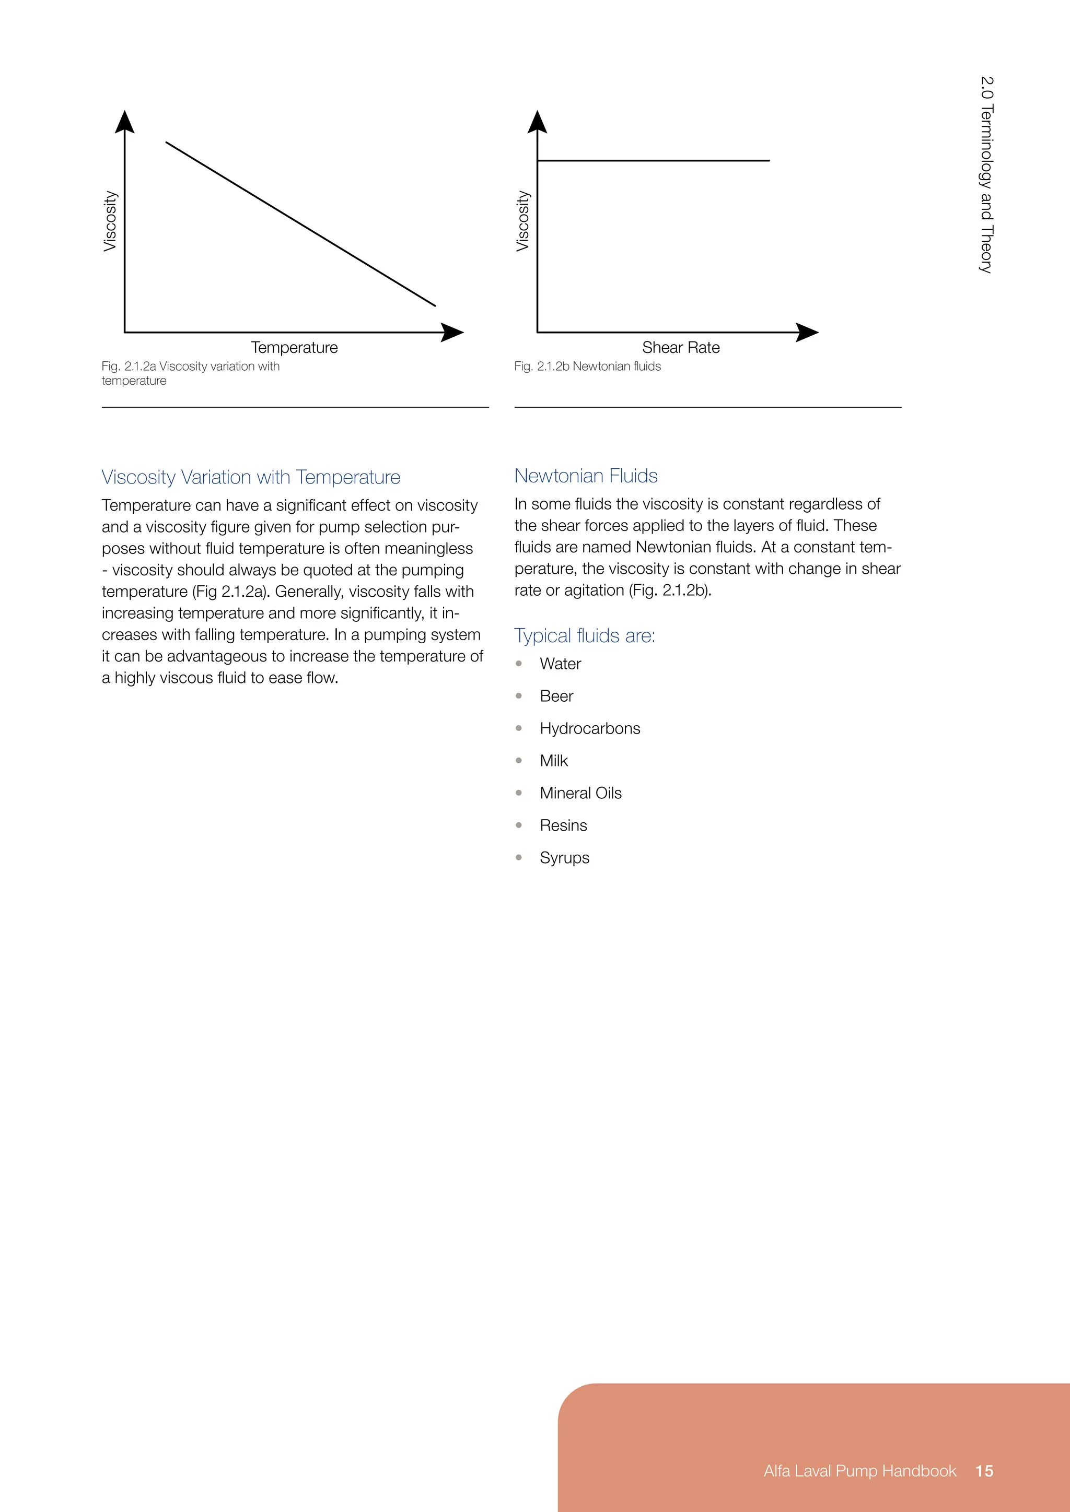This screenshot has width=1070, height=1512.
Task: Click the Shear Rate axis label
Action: tap(681, 348)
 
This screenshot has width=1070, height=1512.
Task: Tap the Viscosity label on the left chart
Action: tap(110, 221)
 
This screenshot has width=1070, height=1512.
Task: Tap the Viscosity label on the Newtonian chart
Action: tap(522, 221)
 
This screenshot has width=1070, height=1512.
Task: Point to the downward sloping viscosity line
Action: tap(300, 224)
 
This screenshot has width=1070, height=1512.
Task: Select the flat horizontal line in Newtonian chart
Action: tap(652, 160)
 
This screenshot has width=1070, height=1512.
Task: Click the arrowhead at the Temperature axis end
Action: tap(452, 333)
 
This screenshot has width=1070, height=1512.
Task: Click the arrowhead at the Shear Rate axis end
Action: tap(807, 333)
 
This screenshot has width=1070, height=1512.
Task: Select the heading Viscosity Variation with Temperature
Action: tap(251, 477)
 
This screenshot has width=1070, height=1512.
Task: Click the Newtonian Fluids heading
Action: tap(586, 476)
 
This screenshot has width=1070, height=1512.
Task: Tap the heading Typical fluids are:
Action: tap(585, 636)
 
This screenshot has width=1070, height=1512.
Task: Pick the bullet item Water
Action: tap(560, 664)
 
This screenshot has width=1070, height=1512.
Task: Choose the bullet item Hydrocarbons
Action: tap(590, 728)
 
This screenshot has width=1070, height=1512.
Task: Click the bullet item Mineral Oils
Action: tap(580, 793)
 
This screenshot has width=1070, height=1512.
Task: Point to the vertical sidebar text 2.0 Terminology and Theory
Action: tap(986, 174)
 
